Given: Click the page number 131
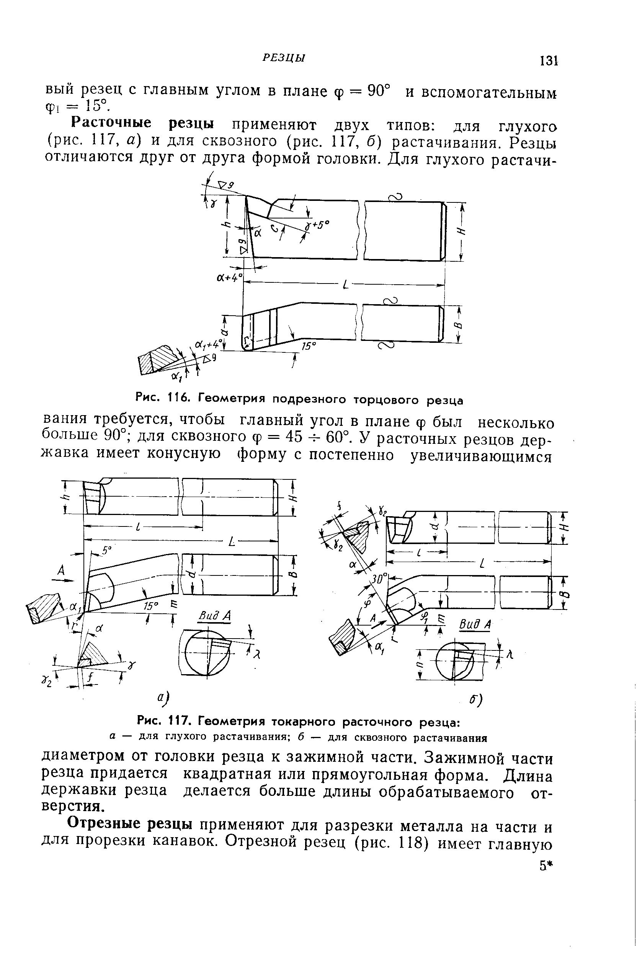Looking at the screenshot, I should click(x=548, y=61).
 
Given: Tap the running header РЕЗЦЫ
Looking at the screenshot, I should click(x=284, y=59).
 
